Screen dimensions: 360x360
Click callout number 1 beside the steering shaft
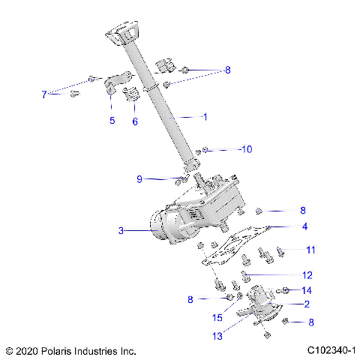[x=204, y=116]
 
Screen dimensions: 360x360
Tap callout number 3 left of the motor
[x=121, y=231]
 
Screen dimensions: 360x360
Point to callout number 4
[x=304, y=225]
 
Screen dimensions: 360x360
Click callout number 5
[x=112, y=120]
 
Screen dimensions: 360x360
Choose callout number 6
[x=135, y=121]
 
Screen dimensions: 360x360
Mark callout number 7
[x=44, y=94]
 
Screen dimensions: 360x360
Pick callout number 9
[x=139, y=178]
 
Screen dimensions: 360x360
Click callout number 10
[x=246, y=149]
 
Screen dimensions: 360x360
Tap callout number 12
[x=307, y=274]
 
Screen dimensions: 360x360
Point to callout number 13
[x=217, y=337]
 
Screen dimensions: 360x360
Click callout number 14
[x=307, y=289]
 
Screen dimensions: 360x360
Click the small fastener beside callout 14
[x=286, y=289]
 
